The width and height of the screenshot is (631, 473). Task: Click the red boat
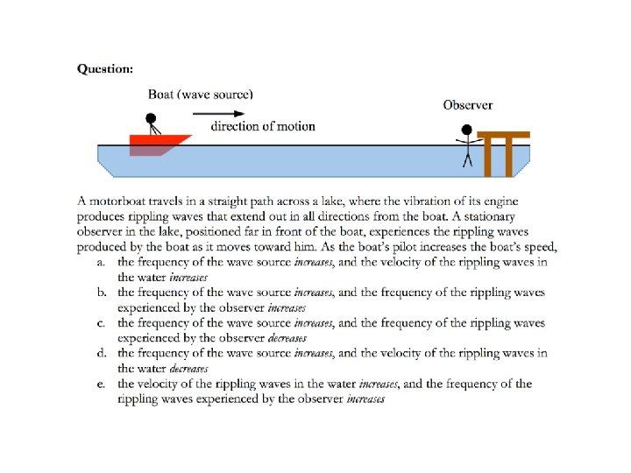[158, 143]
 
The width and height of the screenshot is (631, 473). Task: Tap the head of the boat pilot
[150, 118]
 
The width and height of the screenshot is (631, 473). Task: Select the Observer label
[467, 105]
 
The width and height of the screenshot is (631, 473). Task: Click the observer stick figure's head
[467, 131]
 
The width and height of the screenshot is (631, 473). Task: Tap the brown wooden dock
[504, 149]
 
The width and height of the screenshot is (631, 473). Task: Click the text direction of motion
[263, 126]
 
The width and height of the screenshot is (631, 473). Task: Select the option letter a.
[101, 262]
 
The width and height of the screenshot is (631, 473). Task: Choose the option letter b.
[101, 293]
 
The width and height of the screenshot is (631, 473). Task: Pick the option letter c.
[101, 323]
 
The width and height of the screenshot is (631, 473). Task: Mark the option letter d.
[101, 354]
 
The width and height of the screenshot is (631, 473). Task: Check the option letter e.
[101, 385]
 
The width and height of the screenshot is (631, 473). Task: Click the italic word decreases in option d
[188, 369]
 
